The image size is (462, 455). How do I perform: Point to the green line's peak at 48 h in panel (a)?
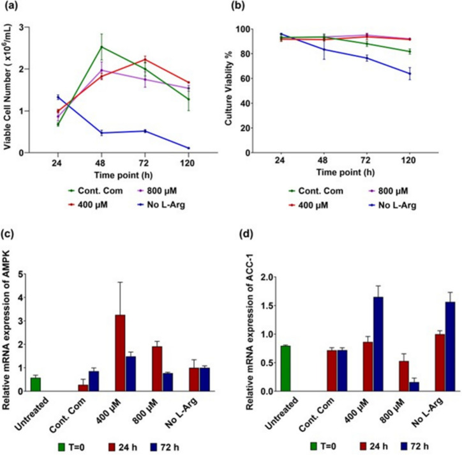click(x=101, y=47)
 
